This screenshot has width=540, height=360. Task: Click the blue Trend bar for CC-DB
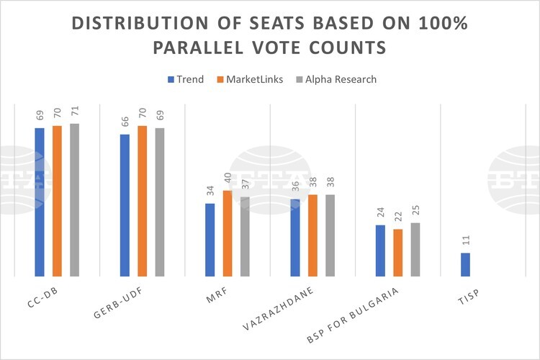40,202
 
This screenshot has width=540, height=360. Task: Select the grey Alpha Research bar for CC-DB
74,199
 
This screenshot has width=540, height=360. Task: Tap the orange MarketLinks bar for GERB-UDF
142,201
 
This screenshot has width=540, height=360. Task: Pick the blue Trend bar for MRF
210,240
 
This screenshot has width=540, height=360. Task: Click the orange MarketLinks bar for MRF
228,233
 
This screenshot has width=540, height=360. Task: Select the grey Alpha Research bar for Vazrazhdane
330,235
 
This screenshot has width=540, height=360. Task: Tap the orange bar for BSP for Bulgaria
397,253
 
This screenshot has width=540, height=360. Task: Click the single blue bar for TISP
465,264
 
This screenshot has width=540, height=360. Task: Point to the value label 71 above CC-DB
75,112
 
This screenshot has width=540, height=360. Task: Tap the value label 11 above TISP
465,241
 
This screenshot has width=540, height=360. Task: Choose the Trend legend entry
186,79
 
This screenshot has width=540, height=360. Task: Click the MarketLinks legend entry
248,79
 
